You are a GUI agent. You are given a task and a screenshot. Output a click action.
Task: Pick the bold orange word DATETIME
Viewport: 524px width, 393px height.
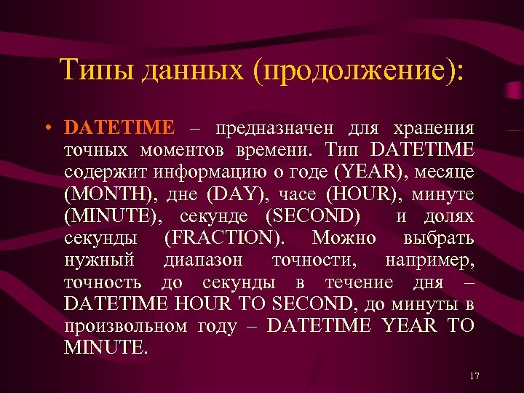tap(119, 128)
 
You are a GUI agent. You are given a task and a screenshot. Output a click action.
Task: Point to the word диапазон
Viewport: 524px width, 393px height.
tap(205, 260)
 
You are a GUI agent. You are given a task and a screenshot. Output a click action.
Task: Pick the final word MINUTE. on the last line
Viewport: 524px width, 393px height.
tap(106, 348)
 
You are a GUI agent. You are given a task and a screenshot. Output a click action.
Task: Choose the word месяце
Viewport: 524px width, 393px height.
tap(445, 172)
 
